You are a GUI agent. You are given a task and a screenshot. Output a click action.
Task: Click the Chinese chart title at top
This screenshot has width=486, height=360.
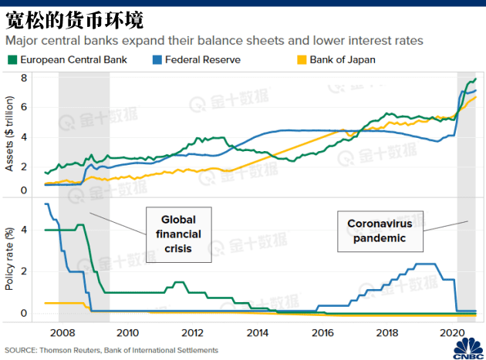(53, 16)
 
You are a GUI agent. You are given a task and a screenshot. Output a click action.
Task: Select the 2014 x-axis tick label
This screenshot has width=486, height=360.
(258, 333)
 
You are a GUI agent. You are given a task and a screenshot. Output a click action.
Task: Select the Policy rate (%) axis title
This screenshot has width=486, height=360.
(10, 262)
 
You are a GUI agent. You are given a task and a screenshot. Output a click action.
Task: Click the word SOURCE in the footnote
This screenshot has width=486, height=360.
(21, 350)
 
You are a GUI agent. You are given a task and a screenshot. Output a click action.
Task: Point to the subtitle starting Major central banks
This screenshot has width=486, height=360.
(214, 39)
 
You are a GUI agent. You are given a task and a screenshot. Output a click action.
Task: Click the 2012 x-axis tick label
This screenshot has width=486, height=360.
(193, 333)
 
